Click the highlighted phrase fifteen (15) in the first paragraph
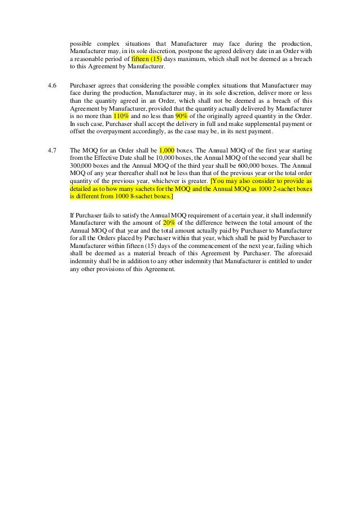[x=146, y=59]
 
